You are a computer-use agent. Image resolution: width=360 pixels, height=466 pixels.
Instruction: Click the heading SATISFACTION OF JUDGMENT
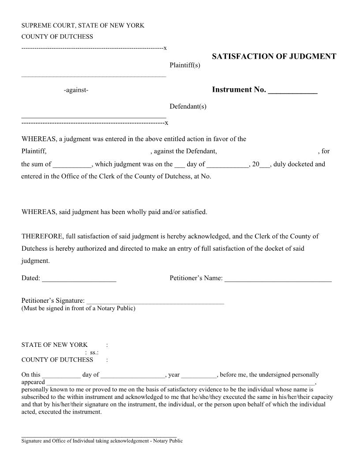pyautogui.click(x=274, y=56)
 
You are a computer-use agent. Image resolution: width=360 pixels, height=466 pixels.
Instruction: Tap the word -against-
pyautogui.click(x=76, y=90)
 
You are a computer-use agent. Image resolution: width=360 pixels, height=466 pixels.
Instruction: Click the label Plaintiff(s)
pyautogui.click(x=185, y=66)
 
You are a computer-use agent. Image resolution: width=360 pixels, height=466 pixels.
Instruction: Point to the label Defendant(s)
pyautogui.click(x=188, y=106)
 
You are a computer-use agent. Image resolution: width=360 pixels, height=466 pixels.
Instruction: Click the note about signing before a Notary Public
pyautogui.click(x=79, y=308)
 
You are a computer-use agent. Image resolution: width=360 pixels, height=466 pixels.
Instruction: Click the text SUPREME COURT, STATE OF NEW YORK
pyautogui.click(x=83, y=26)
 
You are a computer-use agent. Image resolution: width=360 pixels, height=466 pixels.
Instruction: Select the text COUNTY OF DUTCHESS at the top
pyautogui.click(x=57, y=37)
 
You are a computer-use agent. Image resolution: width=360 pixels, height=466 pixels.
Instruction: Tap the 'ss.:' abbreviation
pyautogui.click(x=94, y=353)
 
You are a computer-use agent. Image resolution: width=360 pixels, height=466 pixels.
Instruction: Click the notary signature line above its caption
pyautogui.click(x=99, y=436)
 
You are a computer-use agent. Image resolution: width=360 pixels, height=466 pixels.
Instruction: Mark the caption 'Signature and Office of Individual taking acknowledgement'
pyautogui.click(x=102, y=441)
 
